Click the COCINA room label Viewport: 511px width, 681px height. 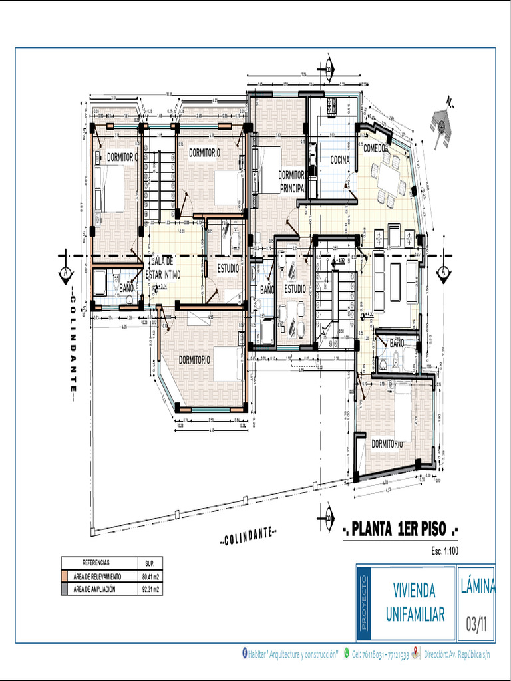tap(340, 160)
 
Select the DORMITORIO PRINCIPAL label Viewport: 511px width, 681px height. tap(292, 181)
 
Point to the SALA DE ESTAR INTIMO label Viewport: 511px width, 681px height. tap(163, 269)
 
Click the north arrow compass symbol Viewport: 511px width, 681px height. tap(441, 125)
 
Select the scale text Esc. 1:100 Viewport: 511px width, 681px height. tap(446, 551)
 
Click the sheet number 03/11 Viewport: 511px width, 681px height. tap(476, 624)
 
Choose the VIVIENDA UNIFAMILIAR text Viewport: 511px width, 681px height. tap(415, 603)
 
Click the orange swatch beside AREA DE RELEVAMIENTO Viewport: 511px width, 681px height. tap(65, 577)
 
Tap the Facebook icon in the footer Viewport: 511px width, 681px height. tap(244, 654)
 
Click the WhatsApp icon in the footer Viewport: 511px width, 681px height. tap(347, 654)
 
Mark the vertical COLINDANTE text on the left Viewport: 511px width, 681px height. tap(73, 348)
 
